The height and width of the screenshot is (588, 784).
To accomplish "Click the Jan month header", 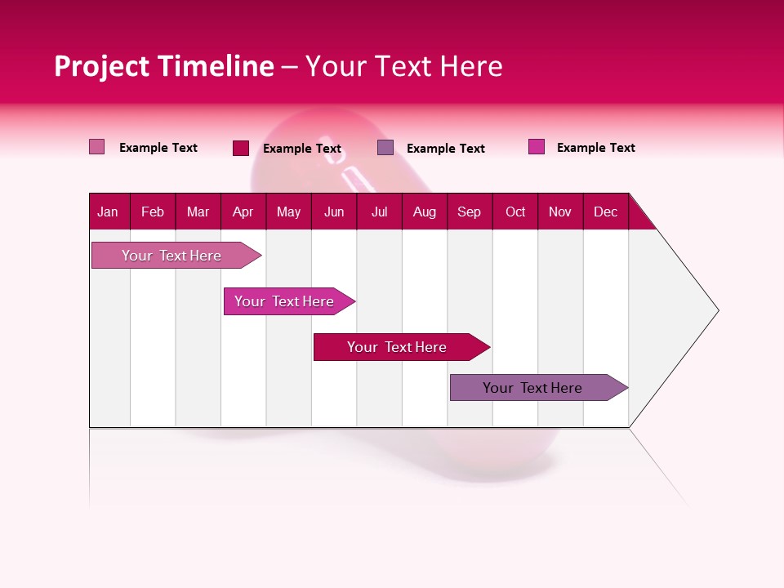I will tap(108, 212).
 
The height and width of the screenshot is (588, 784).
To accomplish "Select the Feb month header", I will tap(153, 212).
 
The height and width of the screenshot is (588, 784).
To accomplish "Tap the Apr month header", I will tap(243, 212).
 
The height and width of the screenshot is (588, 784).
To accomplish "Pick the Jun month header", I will tap(334, 212).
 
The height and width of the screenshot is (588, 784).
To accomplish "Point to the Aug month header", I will tap(425, 212).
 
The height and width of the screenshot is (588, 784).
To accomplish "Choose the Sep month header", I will tap(470, 212).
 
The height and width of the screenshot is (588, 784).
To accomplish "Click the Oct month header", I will tap(515, 212).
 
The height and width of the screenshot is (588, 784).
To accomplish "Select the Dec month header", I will tap(606, 212).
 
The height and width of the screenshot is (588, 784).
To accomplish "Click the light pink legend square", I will tap(96, 147).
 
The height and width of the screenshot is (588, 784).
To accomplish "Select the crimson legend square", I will tap(241, 148).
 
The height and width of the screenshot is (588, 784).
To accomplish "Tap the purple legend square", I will tap(385, 148).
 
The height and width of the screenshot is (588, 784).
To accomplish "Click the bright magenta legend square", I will tap(537, 147).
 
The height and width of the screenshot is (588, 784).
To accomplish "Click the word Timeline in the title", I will tap(216, 66).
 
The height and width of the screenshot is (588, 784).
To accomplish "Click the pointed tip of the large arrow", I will tap(716, 310).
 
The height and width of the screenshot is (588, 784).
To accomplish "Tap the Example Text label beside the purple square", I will tap(446, 149).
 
